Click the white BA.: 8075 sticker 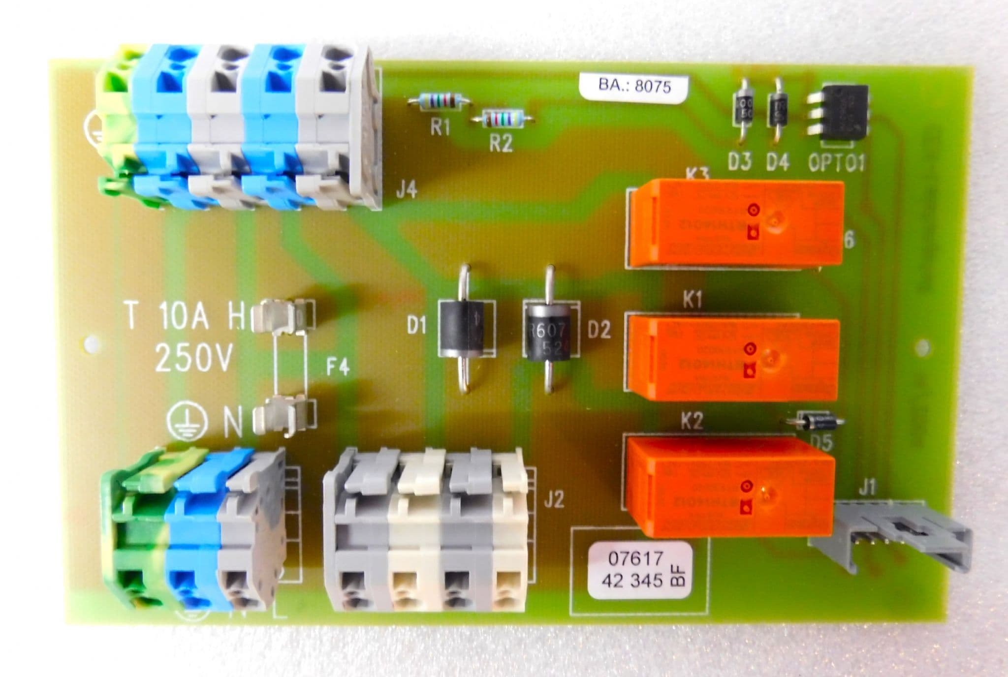pos(633,87)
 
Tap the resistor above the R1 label pos(439,102)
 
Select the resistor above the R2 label pos(502,119)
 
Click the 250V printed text pos(193,358)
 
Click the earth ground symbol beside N pos(186,421)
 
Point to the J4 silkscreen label pos(407,190)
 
